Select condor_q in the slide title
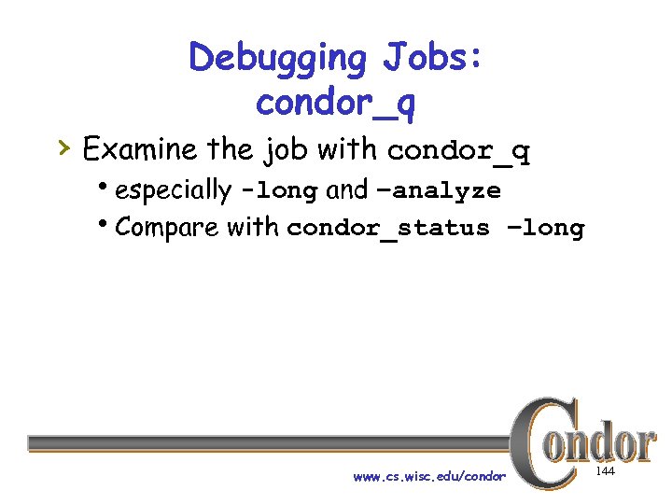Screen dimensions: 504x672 point(336,104)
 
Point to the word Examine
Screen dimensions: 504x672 point(139,148)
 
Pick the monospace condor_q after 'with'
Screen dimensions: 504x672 point(458,151)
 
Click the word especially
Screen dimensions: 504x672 point(174,190)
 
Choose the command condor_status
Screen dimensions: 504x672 point(388,229)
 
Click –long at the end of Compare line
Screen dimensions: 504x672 point(542,228)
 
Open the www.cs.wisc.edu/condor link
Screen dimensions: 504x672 point(429,477)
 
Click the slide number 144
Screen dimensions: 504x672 point(605,473)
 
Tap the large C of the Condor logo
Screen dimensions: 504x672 point(538,442)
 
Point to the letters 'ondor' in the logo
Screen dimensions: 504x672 point(607,442)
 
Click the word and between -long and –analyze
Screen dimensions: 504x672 point(347,190)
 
